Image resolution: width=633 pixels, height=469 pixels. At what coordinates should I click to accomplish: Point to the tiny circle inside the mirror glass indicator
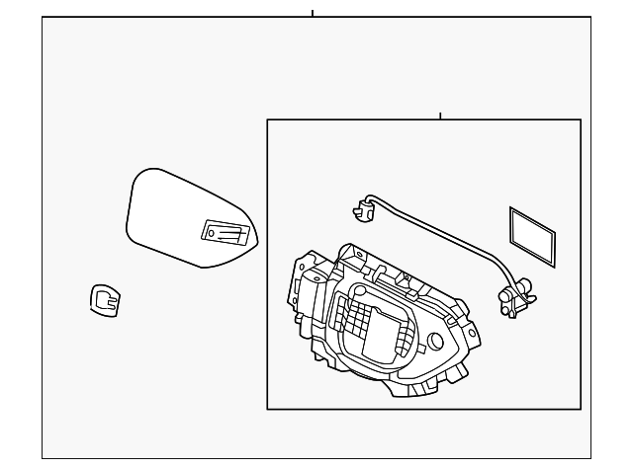209,233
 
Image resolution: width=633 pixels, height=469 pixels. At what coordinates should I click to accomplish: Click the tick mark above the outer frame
313,13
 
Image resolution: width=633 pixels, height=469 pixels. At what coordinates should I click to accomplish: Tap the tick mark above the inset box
440,116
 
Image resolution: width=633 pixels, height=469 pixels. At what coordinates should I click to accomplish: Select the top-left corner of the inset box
268,120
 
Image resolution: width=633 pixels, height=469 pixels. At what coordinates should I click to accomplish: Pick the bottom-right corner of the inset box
580,408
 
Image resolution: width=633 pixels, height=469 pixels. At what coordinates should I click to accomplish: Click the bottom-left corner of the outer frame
43,458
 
